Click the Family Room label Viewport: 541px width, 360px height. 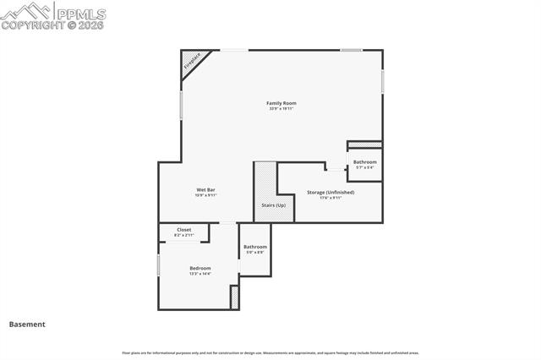click(281, 103)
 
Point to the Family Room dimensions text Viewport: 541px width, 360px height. click(281, 109)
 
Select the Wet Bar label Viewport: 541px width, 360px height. click(207, 190)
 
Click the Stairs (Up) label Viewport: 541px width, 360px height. click(273, 205)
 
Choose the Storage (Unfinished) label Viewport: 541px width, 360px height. click(331, 192)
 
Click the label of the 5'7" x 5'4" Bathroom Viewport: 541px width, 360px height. click(365, 161)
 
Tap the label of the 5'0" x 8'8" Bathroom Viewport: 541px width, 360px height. click(255, 247)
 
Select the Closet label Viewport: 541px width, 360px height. click(183, 230)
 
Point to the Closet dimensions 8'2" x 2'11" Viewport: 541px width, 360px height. click(183, 235)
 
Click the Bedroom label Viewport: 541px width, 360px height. click(200, 268)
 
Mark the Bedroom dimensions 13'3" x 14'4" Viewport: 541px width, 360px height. click(200, 274)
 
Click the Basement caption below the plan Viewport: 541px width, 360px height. click(27, 324)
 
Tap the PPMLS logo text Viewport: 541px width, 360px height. click(82, 13)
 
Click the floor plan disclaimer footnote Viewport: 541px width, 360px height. click(270, 353)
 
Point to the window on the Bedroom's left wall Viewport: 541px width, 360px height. click(159, 265)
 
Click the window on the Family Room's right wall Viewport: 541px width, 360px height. click(382, 81)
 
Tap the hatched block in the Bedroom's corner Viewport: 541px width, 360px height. click(234, 298)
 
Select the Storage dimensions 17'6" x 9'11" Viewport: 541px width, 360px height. click(331, 198)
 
